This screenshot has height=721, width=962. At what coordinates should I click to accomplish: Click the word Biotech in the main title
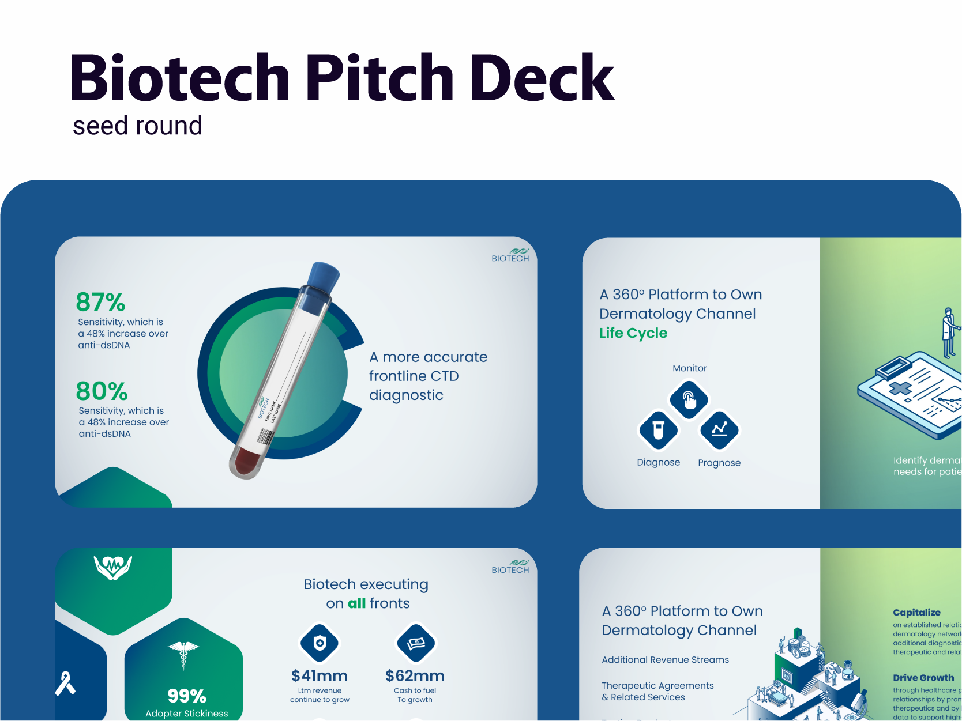pos(179,78)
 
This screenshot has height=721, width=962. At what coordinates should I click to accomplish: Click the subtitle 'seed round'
pos(137,126)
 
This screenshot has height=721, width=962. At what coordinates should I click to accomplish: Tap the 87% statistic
pos(100,302)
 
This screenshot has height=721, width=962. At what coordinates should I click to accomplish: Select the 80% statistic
pos(102,391)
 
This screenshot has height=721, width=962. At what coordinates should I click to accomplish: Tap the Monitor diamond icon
pos(689,399)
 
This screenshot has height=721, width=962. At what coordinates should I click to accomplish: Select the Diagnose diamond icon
pos(658,430)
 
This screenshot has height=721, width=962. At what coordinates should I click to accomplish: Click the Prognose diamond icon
pos(719,430)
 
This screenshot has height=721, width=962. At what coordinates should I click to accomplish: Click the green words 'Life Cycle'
pos(633,333)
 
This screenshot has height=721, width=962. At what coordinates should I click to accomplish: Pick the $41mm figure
pos(320,675)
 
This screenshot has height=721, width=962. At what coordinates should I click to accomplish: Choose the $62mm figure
pos(415,675)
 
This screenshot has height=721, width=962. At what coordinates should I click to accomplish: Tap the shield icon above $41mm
pos(320,643)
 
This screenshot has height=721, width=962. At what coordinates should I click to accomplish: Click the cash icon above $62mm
pos(416,643)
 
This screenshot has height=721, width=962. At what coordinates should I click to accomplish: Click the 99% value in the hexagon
pos(187,696)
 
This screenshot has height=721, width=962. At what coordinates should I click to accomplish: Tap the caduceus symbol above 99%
pos(183,654)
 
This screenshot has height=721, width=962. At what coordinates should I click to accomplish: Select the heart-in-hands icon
pos(113,567)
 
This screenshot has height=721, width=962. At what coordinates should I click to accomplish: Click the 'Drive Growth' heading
pos(923,678)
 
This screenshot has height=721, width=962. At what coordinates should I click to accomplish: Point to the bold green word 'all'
pos(356,603)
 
